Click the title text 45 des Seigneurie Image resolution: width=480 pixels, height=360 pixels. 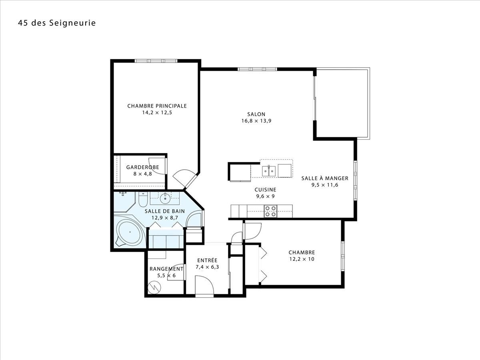(x=57, y=23)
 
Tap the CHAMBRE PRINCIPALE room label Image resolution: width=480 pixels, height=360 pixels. (x=157, y=106)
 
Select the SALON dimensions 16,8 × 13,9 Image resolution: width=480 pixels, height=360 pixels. (x=256, y=121)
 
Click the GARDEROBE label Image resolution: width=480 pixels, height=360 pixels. (x=142, y=167)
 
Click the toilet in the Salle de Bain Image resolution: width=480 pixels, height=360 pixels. (x=143, y=199)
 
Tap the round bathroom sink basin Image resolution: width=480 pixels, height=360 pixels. (x=165, y=198)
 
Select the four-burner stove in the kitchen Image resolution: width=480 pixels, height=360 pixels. (x=270, y=211)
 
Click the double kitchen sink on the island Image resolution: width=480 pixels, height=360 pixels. (x=269, y=170)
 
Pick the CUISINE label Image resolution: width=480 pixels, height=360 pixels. (x=265, y=190)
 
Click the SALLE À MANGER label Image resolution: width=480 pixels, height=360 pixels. (x=325, y=178)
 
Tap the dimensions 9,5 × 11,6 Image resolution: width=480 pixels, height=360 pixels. (x=325, y=185)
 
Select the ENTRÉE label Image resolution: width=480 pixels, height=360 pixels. (x=207, y=260)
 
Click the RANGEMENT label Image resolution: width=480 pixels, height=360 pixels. (x=166, y=269)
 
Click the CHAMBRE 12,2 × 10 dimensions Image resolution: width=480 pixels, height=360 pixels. (x=302, y=259)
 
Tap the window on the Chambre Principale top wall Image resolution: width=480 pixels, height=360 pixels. (x=156, y=61)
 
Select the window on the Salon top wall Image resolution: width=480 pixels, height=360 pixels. (x=257, y=69)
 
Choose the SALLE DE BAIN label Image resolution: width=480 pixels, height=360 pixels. (x=165, y=211)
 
